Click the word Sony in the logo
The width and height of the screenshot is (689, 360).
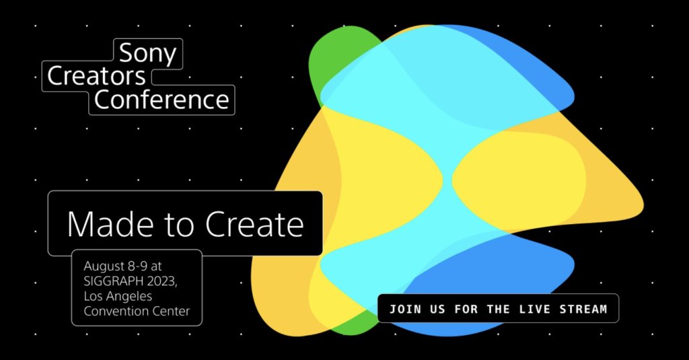point(147,54)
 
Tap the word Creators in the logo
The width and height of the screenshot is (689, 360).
point(96,76)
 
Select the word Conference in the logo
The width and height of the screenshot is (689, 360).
point(161,100)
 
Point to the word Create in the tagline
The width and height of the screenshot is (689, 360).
point(254,224)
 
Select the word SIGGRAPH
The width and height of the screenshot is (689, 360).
point(112,281)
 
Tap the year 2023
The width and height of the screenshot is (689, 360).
point(161,281)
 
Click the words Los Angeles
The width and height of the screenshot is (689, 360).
point(118,297)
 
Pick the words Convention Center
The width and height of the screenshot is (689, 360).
point(137,311)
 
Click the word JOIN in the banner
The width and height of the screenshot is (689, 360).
point(404,309)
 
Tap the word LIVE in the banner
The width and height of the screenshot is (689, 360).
point(534,309)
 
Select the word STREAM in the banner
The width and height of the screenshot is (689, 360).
point(583,309)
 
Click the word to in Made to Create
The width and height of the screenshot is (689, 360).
point(179,225)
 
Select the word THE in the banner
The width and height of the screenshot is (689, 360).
point(498,309)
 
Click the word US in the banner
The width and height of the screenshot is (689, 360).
point(437,309)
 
